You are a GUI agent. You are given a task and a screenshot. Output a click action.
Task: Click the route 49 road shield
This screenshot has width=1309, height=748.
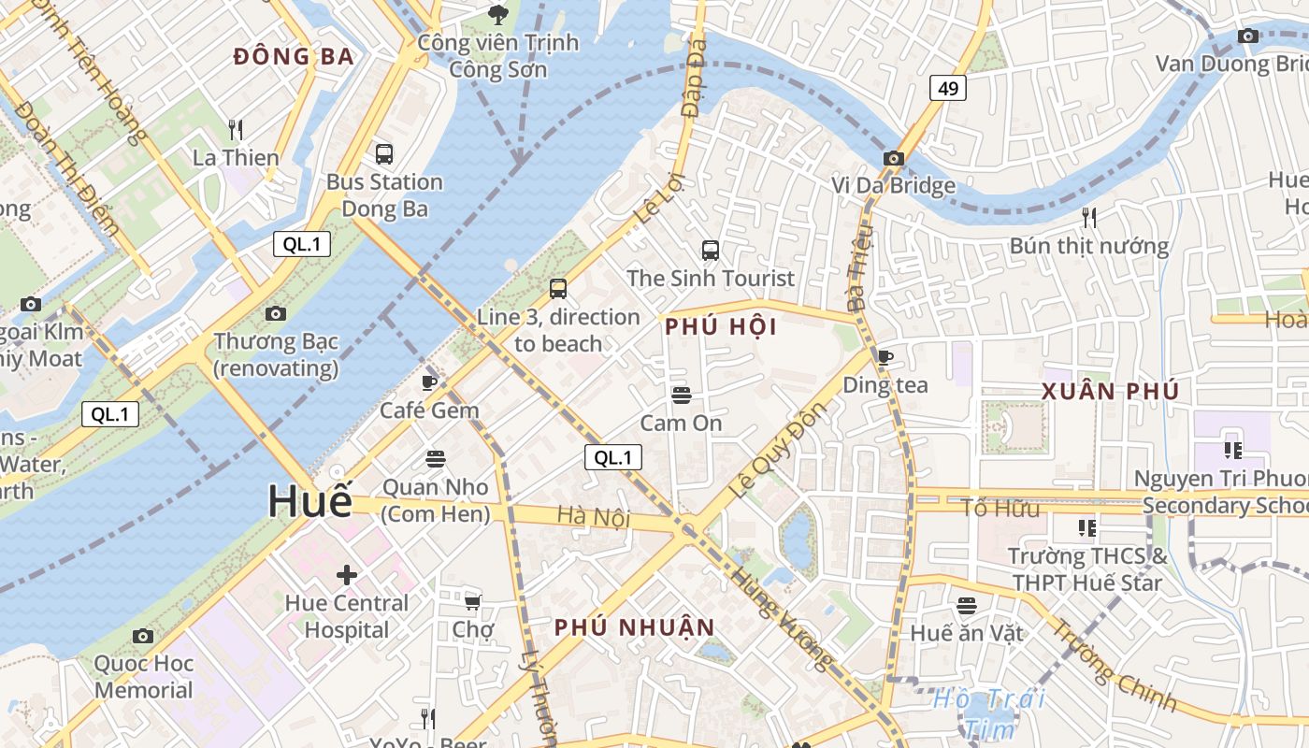pyautogui.click(x=948, y=89)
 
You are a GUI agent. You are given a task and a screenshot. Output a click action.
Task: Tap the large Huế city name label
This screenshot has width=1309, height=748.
pyautogui.click(x=310, y=501)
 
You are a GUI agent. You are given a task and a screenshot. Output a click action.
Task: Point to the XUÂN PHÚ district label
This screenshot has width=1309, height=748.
pyautogui.click(x=1110, y=391)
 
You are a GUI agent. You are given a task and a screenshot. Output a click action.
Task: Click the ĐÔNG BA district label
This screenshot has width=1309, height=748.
pyautogui.click(x=294, y=57)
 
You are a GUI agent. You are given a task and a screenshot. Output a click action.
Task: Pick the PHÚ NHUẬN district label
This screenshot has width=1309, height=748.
pyautogui.click(x=634, y=627)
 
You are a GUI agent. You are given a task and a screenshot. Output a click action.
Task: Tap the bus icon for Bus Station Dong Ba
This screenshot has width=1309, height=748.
pyautogui.click(x=383, y=153)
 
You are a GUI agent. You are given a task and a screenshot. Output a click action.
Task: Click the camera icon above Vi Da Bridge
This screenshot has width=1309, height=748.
pyautogui.click(x=893, y=158)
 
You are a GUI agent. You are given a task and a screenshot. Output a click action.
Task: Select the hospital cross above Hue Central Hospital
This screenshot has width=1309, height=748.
pyautogui.click(x=347, y=574)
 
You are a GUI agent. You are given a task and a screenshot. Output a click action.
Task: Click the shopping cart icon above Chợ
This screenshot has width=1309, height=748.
pyautogui.click(x=473, y=601)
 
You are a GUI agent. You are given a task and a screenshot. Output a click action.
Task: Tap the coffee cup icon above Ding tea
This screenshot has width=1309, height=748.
pyautogui.click(x=885, y=356)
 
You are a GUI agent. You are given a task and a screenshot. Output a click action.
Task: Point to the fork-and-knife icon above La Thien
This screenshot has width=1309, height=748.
pyautogui.click(x=236, y=129)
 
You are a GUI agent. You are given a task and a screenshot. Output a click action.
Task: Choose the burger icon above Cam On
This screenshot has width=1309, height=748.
pyautogui.click(x=681, y=395)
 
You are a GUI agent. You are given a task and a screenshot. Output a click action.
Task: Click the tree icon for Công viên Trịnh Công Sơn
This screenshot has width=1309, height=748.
pyautogui.click(x=497, y=14)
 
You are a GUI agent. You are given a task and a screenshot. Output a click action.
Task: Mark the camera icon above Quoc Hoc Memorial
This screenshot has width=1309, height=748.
pyautogui.click(x=143, y=636)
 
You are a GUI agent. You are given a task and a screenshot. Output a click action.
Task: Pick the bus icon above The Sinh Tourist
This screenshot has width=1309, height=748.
pyautogui.click(x=710, y=250)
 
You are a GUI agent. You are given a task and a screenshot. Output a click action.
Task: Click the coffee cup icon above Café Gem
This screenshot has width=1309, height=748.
pyautogui.click(x=429, y=381)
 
